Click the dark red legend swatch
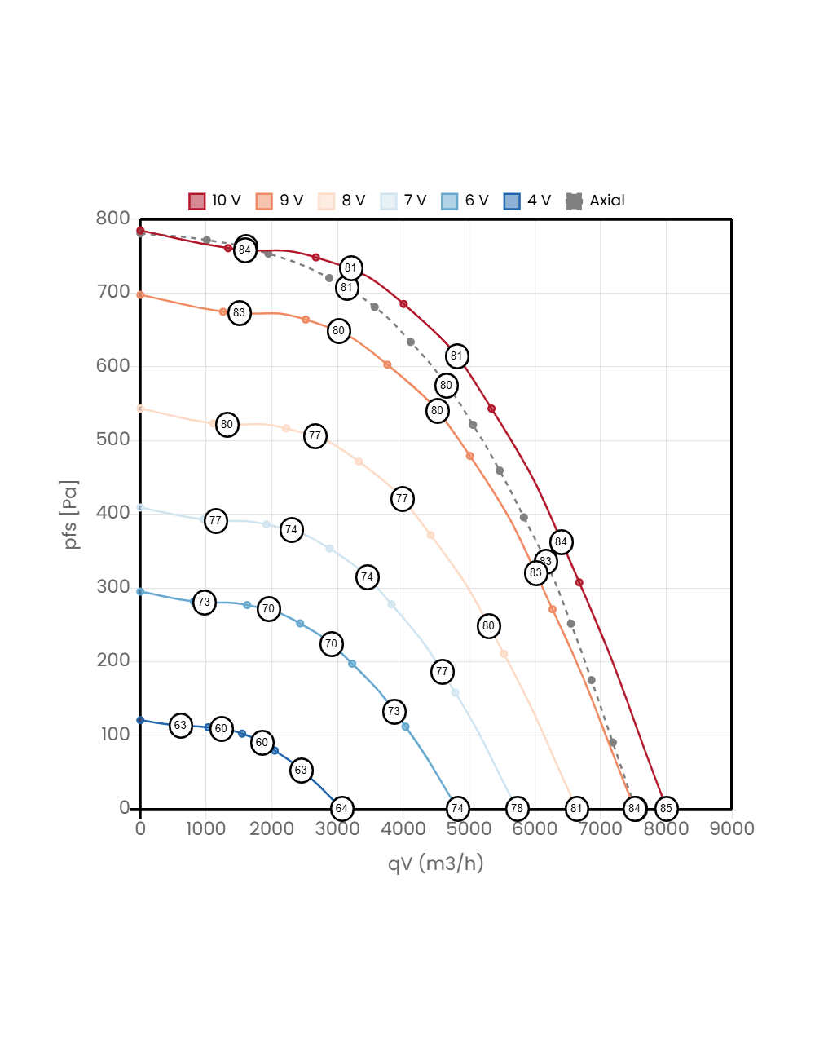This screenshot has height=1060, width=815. point(197,201)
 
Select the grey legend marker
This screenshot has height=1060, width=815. point(574,201)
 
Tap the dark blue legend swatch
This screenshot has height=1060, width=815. point(512,201)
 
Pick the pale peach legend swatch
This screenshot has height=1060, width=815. point(326,201)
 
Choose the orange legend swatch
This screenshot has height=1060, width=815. point(264,201)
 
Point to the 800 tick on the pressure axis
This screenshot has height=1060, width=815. point(112,218)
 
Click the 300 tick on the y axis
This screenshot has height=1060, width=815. point(112,586)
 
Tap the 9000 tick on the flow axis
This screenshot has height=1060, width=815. point(732,828)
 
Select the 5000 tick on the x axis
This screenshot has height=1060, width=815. point(469,828)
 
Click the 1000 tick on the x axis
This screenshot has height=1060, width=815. point(205,828)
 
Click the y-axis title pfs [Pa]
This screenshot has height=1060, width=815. point(71,515)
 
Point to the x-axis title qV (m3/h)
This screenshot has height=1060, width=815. point(435,863)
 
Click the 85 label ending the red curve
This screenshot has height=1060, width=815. point(666,809)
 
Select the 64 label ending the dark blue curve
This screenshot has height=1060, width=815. point(341,809)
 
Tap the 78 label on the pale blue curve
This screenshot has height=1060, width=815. point(517,809)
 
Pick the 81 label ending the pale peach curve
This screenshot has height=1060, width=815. point(576,809)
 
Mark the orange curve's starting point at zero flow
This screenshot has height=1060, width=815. point(140,295)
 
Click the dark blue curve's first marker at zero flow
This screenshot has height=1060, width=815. point(140,720)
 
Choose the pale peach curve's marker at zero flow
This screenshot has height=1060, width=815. point(140,409)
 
